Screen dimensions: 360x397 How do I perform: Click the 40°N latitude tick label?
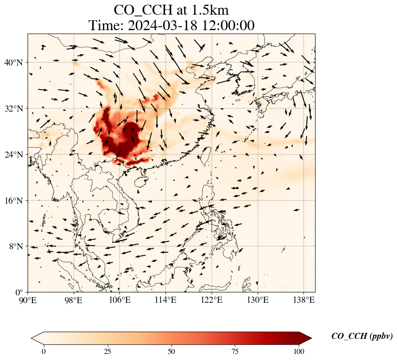[x=13, y=62]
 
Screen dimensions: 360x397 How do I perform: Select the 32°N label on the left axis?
[x=13, y=109]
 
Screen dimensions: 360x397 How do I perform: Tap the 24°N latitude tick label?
[x=13, y=155]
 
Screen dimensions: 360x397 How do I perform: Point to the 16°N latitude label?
[x=13, y=201]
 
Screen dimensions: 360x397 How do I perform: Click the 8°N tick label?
[x=15, y=246]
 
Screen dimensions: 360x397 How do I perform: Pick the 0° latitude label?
[x=19, y=292]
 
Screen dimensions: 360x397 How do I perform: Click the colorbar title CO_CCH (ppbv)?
[x=362, y=336]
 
